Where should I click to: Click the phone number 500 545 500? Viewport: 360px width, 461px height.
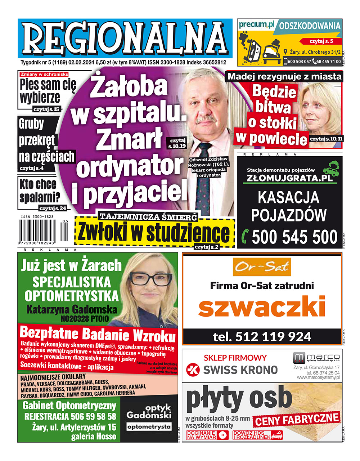point(294,237)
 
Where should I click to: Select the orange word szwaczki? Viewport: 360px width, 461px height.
point(262,307)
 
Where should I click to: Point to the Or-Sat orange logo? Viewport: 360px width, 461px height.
point(262,267)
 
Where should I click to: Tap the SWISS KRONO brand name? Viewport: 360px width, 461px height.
point(240,370)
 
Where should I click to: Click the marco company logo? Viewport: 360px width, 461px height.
point(316,358)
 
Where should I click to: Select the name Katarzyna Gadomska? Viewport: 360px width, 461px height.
point(72,309)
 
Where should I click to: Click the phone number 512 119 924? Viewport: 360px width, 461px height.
point(262,337)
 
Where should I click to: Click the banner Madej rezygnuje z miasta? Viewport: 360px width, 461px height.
point(284,76)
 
